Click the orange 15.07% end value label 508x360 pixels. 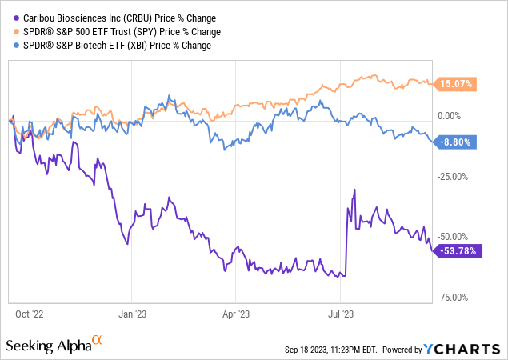(x=458, y=83)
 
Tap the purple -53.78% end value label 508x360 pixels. (x=458, y=250)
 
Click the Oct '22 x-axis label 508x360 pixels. (x=28, y=314)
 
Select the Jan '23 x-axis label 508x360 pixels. (x=132, y=314)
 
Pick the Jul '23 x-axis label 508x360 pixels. (x=341, y=314)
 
